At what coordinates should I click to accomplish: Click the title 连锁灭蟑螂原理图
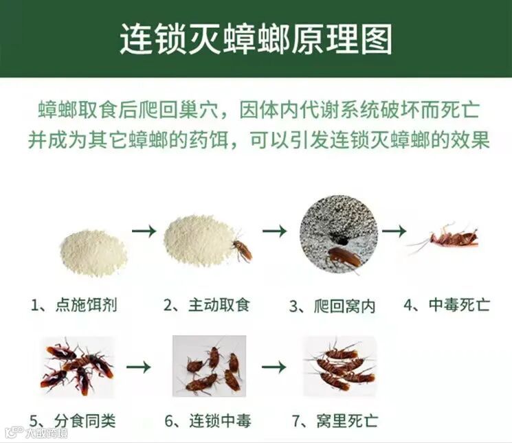tap(256, 40)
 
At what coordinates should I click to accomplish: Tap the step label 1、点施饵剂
tap(74, 305)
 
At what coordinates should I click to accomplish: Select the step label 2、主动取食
tap(206, 305)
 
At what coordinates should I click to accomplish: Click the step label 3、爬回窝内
tap(332, 306)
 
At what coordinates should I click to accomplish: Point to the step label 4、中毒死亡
tap(447, 305)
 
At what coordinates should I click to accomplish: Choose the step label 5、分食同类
tap(72, 420)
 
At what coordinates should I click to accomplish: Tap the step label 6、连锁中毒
tap(208, 420)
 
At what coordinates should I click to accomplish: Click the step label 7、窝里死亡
tap(335, 420)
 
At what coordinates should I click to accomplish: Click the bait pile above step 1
tap(93, 253)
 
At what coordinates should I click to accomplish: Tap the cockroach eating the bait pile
tap(242, 249)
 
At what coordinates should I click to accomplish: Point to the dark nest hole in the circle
tap(341, 240)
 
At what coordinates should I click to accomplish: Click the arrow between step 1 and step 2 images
tap(144, 231)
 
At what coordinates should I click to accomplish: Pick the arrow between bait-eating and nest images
tap(275, 231)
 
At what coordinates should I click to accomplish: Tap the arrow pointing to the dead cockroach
tap(394, 231)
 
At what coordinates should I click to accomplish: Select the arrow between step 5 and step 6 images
tap(138, 367)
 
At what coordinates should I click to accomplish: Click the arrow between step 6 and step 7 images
tap(274, 367)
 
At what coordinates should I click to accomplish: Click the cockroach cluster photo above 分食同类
tap(77, 367)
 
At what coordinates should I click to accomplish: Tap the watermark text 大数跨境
tap(47, 433)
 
